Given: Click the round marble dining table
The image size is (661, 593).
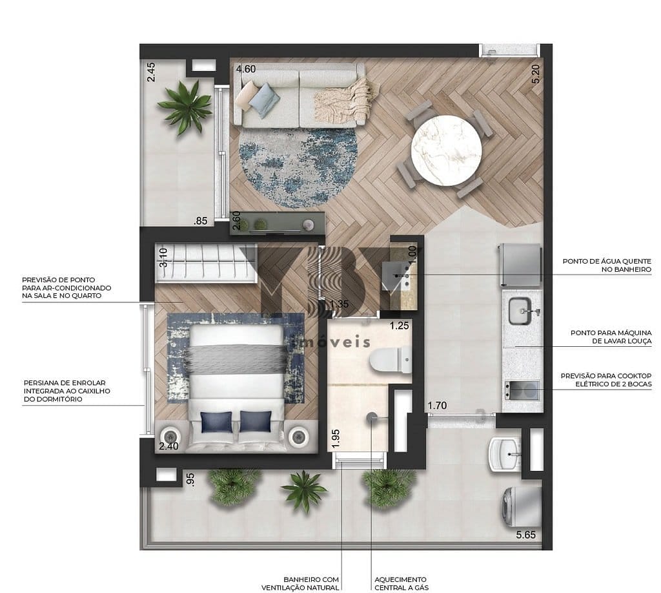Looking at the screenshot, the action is point(446,151).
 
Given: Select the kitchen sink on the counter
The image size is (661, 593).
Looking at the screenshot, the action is point(520,311).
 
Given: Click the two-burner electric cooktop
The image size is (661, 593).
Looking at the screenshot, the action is point(522,390).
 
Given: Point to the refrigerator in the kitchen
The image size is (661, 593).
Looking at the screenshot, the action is point(520,265).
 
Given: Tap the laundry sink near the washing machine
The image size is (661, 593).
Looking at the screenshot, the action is point(505,455).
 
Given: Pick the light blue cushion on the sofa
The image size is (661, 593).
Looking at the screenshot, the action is point(264,99).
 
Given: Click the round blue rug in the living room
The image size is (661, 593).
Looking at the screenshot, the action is point(298,167).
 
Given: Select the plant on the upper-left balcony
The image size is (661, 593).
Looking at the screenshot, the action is point(185,107).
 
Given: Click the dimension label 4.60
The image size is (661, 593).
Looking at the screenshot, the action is point(246,68).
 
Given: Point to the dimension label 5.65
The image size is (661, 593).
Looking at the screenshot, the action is point(525,535).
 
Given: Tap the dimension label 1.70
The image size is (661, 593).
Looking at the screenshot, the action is point(437,406).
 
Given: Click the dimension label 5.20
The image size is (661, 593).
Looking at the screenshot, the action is point(536,74).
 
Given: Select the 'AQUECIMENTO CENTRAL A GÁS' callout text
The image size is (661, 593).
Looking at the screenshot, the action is point(402,583).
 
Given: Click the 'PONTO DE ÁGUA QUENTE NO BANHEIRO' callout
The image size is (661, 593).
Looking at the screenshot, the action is point(607,265).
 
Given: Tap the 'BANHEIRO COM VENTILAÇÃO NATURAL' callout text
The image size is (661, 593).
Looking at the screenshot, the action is point(300,583).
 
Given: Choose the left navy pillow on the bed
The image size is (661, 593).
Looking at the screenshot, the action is point(216,422).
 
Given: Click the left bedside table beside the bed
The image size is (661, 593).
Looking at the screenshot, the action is point(170,437).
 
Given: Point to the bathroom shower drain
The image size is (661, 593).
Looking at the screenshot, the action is point(372,417).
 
